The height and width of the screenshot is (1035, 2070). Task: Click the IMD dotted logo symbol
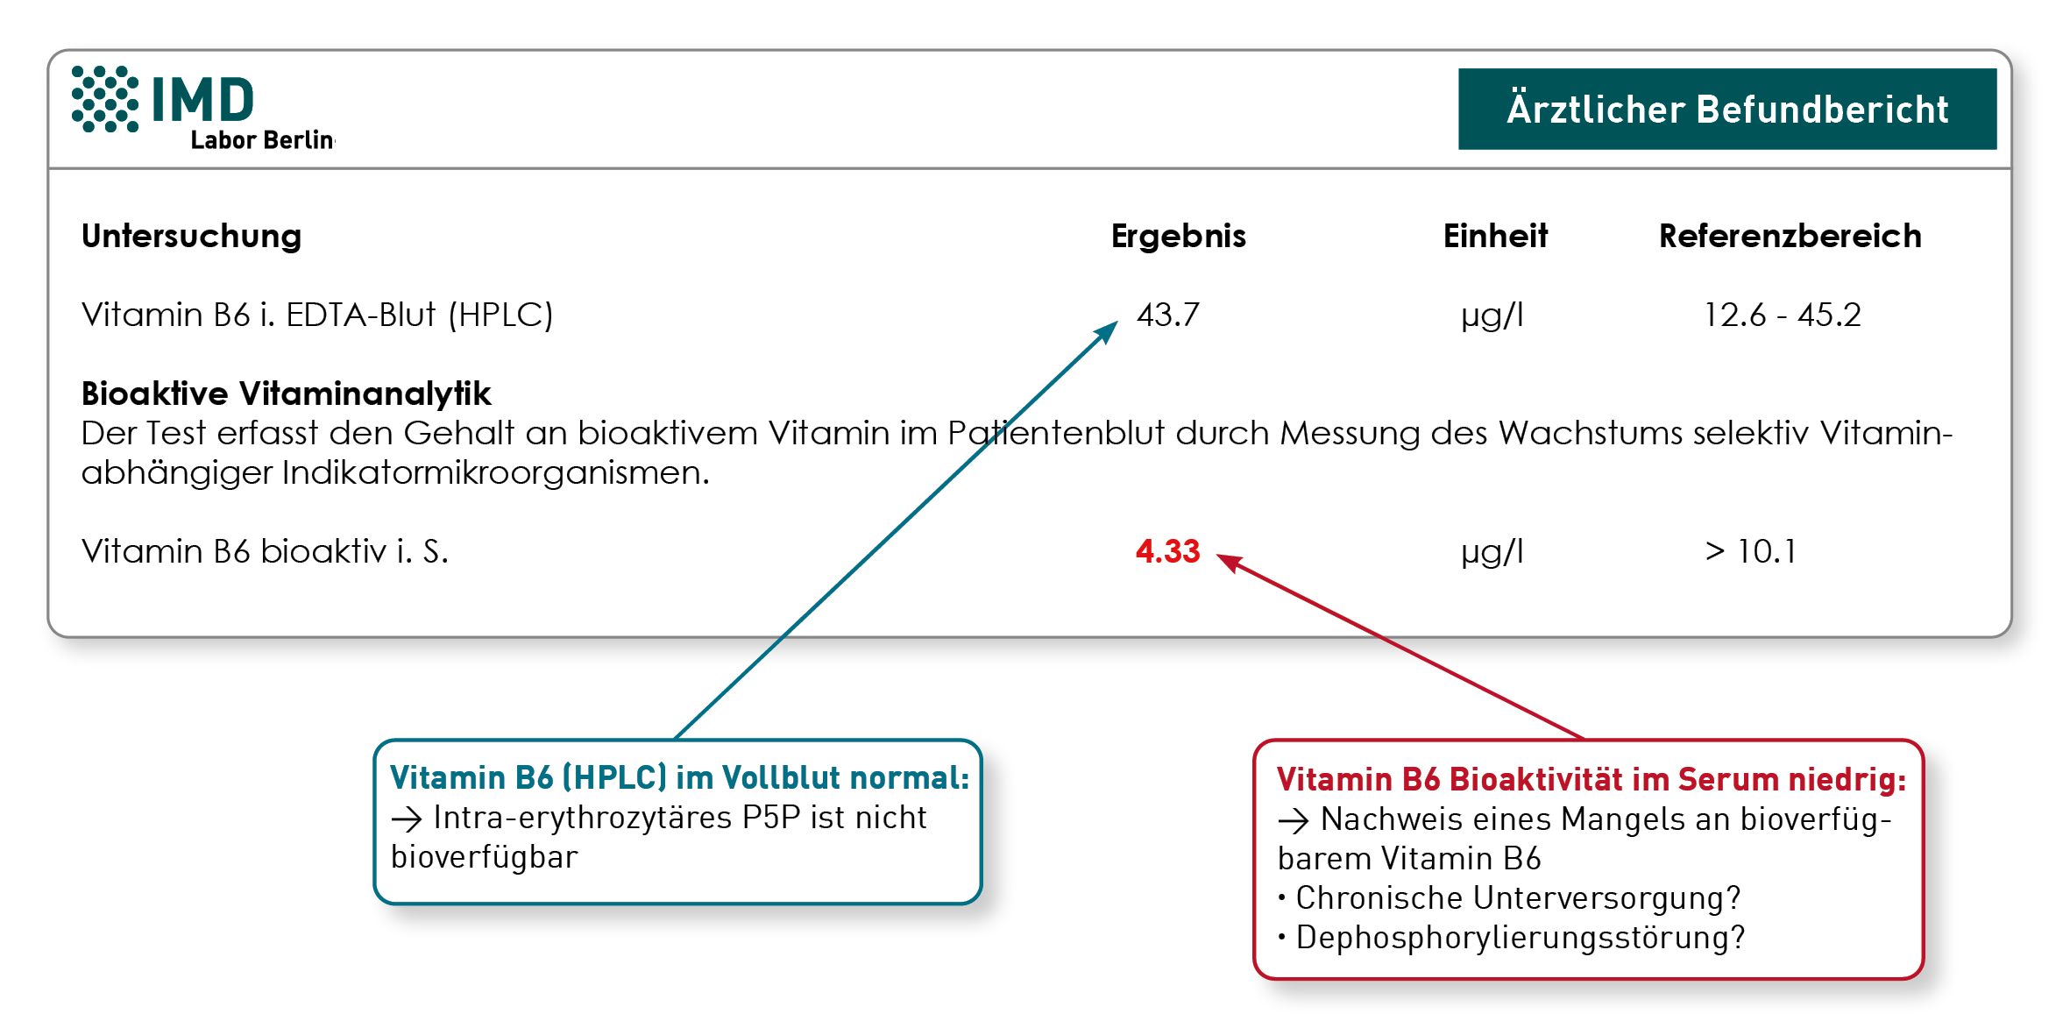click(105, 99)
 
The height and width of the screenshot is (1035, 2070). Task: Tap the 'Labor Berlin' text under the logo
click(262, 140)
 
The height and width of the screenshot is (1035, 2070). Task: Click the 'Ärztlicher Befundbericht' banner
click(1726, 109)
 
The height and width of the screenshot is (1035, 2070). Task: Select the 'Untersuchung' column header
click(191, 237)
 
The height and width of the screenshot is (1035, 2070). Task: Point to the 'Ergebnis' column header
click(1178, 237)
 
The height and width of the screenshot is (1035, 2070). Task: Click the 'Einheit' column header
click(1495, 236)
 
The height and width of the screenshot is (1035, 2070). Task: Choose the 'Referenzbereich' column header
click(1790, 236)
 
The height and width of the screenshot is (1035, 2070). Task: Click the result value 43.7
click(1167, 315)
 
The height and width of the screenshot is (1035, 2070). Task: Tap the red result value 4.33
click(1167, 551)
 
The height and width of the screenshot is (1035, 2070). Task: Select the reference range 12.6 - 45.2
click(1782, 315)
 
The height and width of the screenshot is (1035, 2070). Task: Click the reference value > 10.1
click(1750, 551)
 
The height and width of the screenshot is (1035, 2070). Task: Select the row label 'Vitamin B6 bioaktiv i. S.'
click(265, 551)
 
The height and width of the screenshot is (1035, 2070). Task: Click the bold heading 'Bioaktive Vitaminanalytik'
click(286, 394)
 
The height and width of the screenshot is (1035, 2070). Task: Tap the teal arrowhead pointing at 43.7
click(1107, 332)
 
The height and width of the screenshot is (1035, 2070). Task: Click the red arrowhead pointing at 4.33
click(1230, 562)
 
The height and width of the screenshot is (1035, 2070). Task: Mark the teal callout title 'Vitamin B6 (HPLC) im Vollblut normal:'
click(679, 778)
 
